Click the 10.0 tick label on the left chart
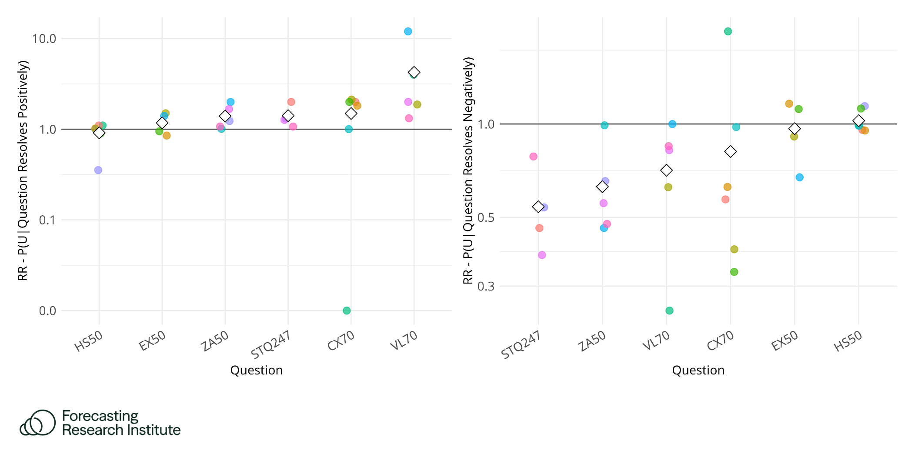coord(44,39)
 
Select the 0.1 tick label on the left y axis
coord(47,220)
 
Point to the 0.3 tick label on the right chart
coord(486,286)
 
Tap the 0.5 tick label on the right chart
coord(486,217)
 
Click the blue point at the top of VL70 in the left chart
coord(408,31)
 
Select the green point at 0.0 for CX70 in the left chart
coord(347,311)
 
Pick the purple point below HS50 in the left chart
coord(98,170)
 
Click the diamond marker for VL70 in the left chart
coord(414,72)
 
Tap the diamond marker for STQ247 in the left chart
coord(288,116)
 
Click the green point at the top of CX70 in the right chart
coord(728,31)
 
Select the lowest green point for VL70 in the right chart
coord(670,311)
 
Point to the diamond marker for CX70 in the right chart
coord(731,151)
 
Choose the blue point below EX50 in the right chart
coord(800,177)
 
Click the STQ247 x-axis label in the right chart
coord(521,344)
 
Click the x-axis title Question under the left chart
coord(257,370)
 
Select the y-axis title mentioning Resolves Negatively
coord(468,170)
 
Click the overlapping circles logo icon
coord(38,422)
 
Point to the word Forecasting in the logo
coord(100,416)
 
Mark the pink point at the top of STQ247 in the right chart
coord(534,157)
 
